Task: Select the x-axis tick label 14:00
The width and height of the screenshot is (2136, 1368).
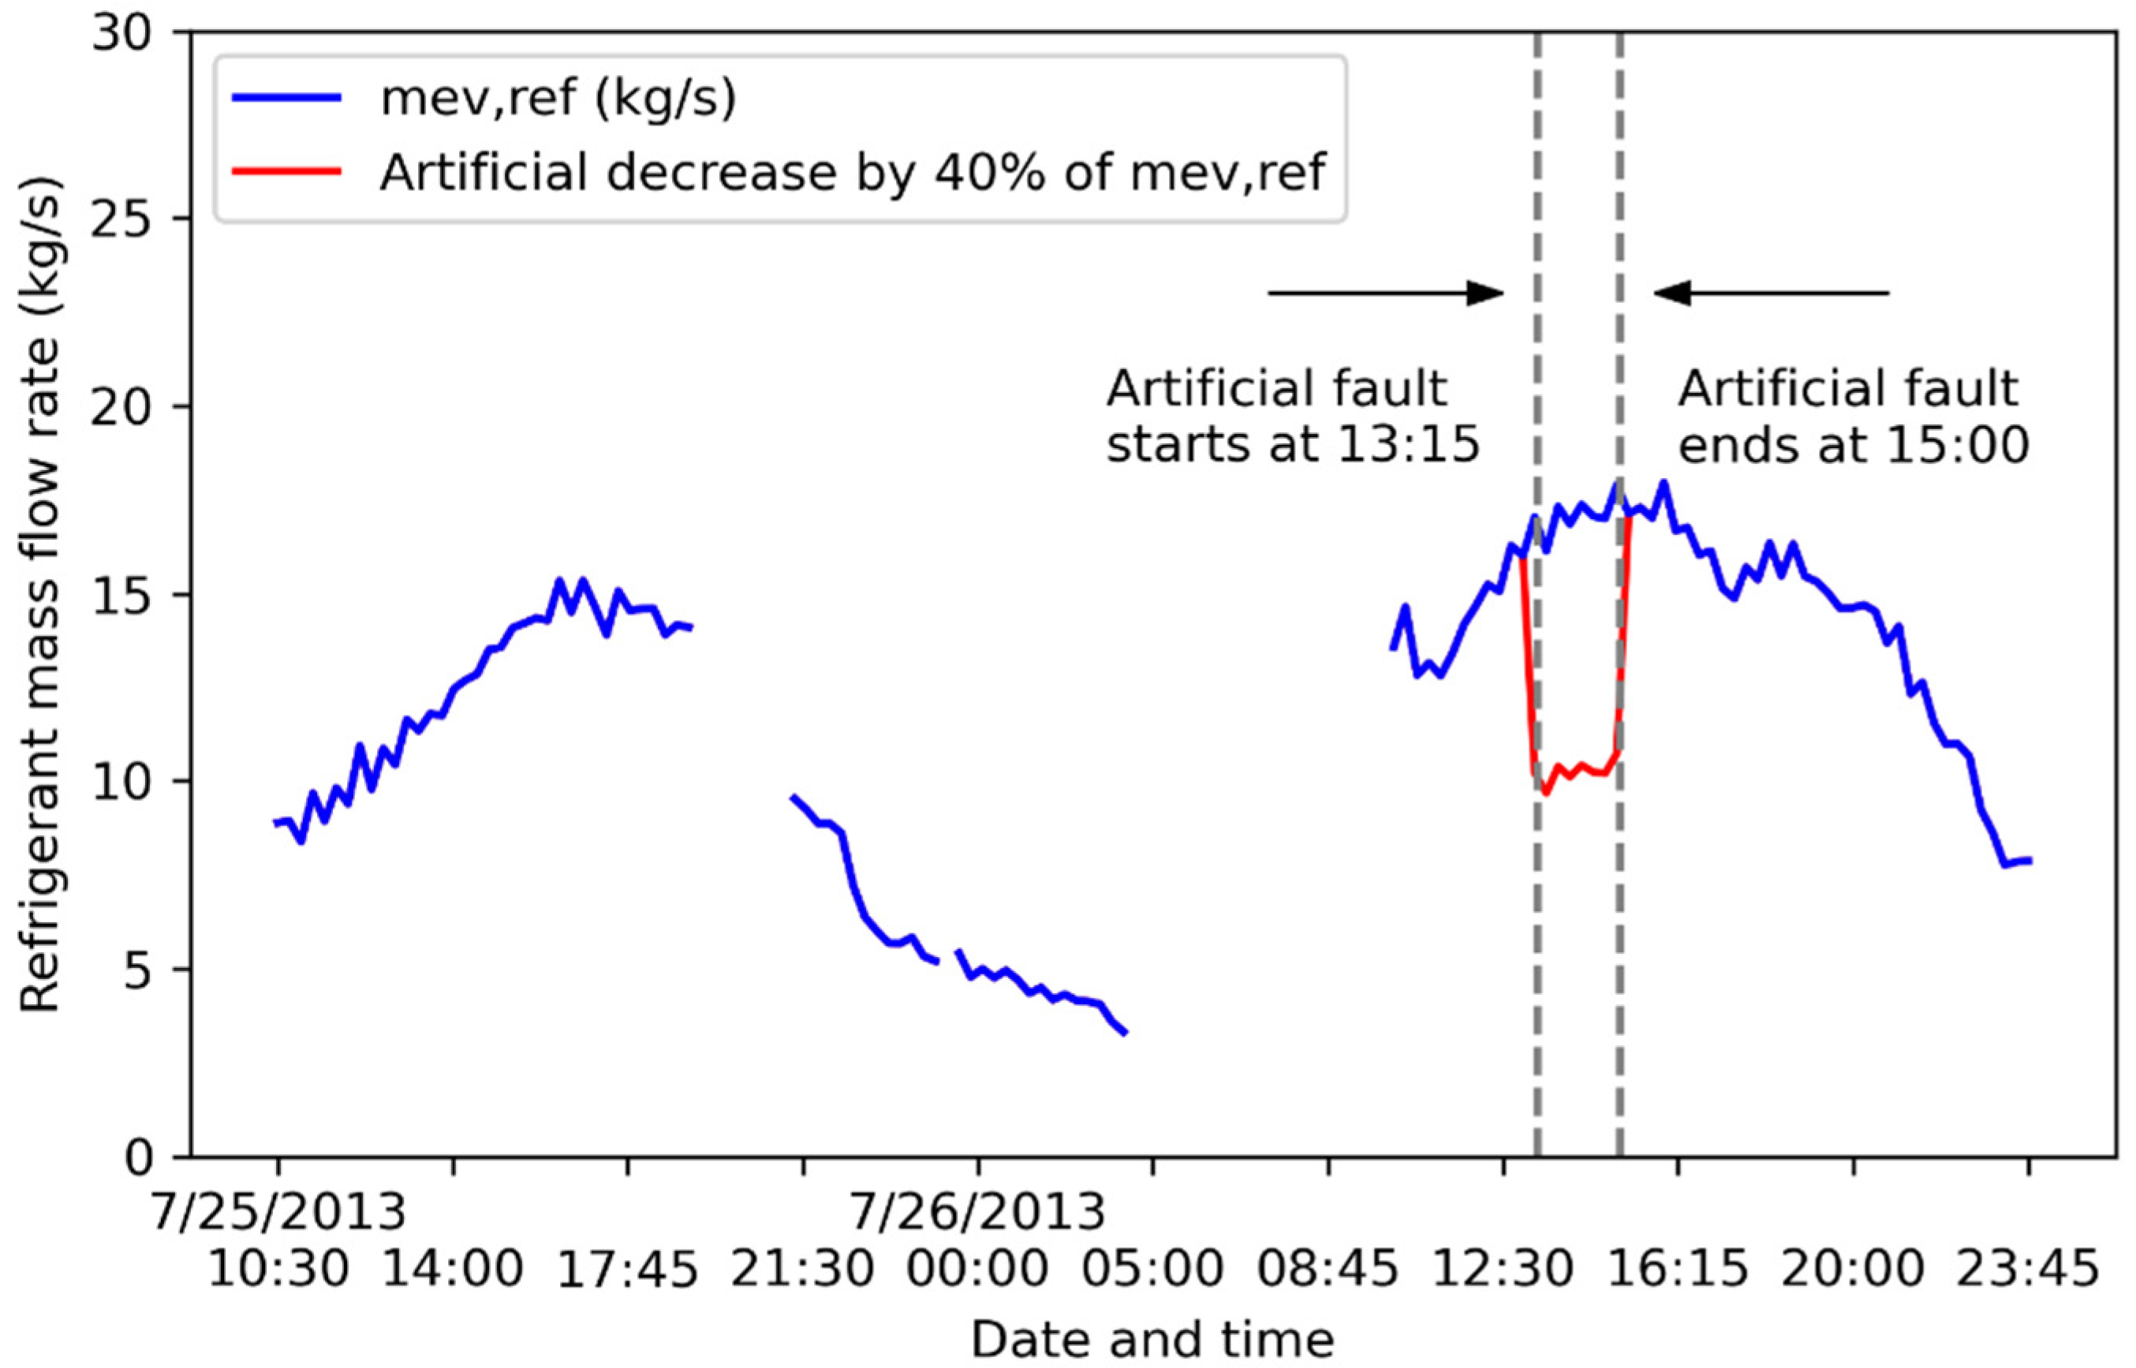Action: pyautogui.click(x=453, y=1269)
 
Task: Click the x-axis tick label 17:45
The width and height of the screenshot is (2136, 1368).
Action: pyautogui.click(x=628, y=1271)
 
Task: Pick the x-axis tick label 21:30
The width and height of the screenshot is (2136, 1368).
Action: pyautogui.click(x=803, y=1269)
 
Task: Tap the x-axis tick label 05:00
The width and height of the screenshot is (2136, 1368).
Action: pyautogui.click(x=1152, y=1269)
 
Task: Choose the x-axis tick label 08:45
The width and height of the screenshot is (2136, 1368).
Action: pyautogui.click(x=1328, y=1269)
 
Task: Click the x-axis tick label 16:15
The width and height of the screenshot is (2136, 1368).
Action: pyautogui.click(x=1678, y=1269)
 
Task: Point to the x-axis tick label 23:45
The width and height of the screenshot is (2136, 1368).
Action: pyautogui.click(x=2028, y=1269)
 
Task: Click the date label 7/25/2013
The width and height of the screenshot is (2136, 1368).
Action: pyautogui.click(x=278, y=1213)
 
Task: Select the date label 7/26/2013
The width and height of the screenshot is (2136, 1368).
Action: pyautogui.click(x=978, y=1213)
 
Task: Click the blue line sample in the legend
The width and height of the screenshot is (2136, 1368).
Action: pyautogui.click(x=287, y=99)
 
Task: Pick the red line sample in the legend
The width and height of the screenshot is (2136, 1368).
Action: pyautogui.click(x=287, y=171)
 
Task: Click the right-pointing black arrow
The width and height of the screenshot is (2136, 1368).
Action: pyautogui.click(x=1386, y=293)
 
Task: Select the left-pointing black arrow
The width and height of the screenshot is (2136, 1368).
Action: pyautogui.click(x=1771, y=293)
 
